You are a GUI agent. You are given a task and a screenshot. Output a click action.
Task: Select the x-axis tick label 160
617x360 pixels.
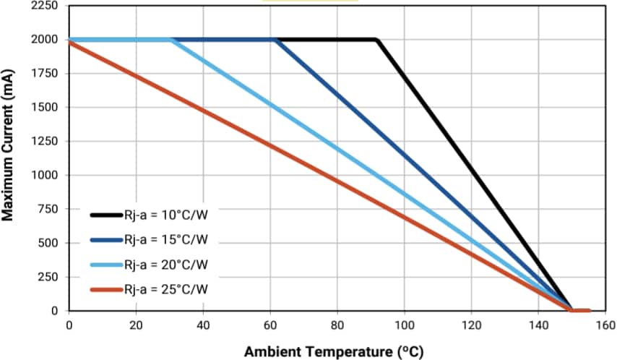tap(606, 325)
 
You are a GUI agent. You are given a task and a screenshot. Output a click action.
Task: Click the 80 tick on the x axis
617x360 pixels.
tap(337, 325)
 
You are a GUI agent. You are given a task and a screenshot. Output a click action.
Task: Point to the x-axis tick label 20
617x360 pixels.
tap(136, 325)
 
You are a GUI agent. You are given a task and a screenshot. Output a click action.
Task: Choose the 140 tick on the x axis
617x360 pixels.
tap(539, 325)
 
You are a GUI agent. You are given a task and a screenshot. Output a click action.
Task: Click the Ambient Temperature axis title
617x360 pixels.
tap(333, 352)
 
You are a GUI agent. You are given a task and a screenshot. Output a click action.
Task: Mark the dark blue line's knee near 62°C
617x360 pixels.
tap(276, 40)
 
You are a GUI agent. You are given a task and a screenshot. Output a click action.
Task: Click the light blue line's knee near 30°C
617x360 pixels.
tap(171, 40)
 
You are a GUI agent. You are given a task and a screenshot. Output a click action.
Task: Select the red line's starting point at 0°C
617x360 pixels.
tap(69, 42)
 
